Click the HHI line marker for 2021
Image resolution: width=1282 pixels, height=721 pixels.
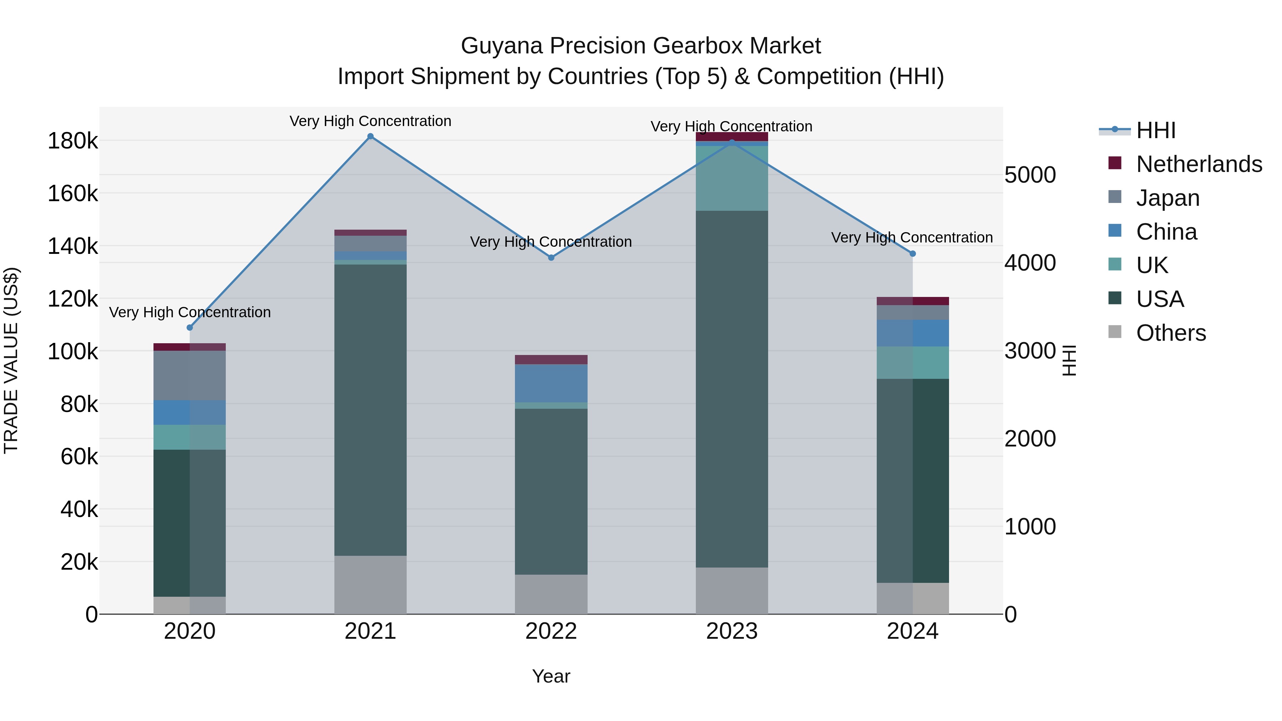(370, 136)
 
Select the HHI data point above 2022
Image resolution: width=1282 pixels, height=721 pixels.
(551, 258)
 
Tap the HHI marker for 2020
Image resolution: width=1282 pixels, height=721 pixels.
(189, 328)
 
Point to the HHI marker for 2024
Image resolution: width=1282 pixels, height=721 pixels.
(913, 254)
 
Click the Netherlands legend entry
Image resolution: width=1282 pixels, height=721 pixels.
(1199, 164)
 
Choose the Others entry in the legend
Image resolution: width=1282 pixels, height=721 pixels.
(1171, 333)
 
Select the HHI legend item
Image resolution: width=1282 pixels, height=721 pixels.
(1156, 130)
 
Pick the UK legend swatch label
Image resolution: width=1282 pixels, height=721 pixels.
(1152, 265)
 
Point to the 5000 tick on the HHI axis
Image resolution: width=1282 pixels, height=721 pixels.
(1030, 175)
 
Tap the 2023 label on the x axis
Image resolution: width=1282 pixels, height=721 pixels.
(731, 631)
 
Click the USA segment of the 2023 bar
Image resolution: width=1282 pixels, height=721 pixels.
(731, 388)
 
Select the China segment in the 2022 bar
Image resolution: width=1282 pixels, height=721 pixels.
(551, 383)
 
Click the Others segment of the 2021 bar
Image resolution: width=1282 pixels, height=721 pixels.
(370, 585)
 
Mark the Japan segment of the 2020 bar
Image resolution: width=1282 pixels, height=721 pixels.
(189, 375)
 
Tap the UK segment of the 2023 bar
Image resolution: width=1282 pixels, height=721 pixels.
(731, 178)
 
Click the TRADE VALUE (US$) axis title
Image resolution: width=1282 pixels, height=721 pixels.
(11, 360)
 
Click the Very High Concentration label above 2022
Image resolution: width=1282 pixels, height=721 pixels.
(551, 242)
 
